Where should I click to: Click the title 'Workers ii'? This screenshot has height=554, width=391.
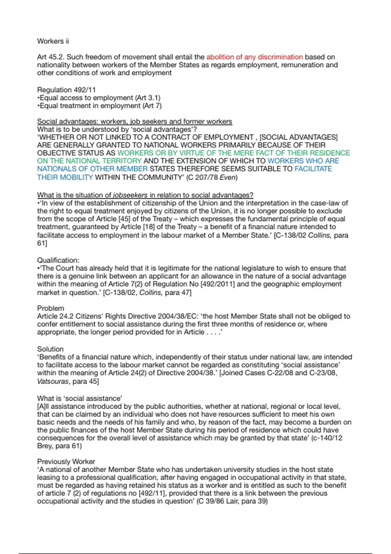[x=53, y=41]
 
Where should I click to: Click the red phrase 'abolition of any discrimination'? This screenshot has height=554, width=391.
[x=254, y=57]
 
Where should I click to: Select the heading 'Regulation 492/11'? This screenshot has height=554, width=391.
[x=66, y=90]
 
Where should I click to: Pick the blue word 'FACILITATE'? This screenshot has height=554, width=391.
[x=313, y=169]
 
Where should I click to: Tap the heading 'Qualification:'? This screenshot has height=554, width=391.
[x=58, y=260]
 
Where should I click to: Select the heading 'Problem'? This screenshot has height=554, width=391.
[x=51, y=308]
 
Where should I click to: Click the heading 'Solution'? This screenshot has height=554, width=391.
[x=50, y=349]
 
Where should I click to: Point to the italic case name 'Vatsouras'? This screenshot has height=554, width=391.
[x=53, y=381]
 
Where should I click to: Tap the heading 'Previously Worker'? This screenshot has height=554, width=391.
[x=66, y=461]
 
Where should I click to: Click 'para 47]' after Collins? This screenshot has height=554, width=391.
[x=178, y=292]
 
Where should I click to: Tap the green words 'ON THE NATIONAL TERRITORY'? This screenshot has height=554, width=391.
[x=89, y=161]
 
